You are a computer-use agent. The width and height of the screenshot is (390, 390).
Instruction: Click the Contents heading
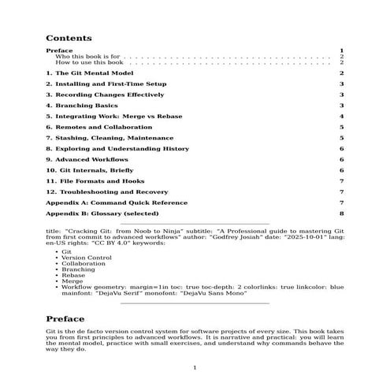pos(69,37)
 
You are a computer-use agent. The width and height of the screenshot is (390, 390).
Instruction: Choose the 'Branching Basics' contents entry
pos(82,105)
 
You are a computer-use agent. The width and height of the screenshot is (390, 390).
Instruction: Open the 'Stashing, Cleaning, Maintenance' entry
pos(104,137)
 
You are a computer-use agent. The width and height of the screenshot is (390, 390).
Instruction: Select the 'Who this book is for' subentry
pos(87,57)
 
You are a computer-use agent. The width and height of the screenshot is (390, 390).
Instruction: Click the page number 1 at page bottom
pos(195,368)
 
